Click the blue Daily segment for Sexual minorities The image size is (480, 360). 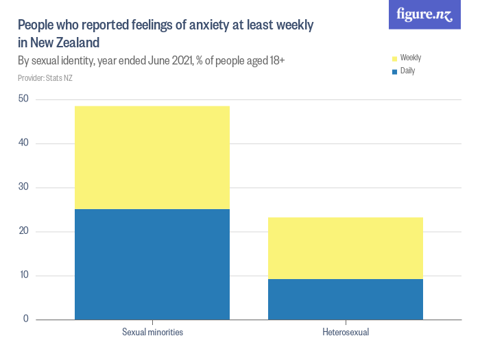152,264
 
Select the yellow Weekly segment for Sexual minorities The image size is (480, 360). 152,158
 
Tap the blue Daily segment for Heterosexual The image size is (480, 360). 346,299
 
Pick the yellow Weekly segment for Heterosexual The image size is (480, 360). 346,248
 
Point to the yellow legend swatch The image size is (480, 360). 394,58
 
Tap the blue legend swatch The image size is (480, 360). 394,71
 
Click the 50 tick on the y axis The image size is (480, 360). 23,99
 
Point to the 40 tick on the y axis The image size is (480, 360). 23,143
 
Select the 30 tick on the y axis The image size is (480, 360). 23,187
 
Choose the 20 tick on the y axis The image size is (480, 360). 23,231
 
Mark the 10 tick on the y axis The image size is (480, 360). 23,275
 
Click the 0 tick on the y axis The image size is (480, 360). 26,319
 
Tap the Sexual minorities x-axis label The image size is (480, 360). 152,333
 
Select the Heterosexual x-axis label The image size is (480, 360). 346,333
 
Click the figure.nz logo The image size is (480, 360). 425,15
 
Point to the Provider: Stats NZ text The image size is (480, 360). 45,78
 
